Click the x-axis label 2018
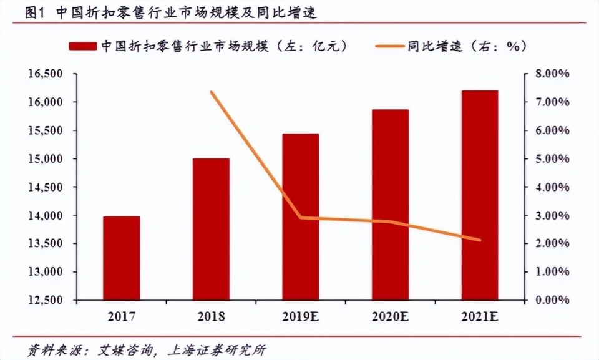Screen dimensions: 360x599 (211, 317)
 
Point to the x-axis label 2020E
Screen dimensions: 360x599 (391, 317)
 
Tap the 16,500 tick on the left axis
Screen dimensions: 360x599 (44, 74)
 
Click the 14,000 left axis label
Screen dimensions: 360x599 (44, 216)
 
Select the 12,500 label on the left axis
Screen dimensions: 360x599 (44, 300)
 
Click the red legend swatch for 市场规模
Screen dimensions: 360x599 (82, 46)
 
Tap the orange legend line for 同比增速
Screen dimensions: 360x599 (389, 46)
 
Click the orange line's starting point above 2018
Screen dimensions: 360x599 (212, 92)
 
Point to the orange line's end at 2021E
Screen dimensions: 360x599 (480, 240)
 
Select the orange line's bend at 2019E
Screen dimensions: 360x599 (301, 218)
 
